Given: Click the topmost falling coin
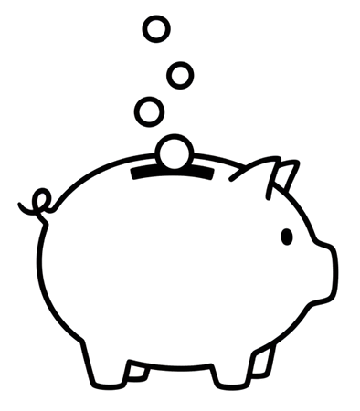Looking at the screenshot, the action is pyautogui.click(x=156, y=29).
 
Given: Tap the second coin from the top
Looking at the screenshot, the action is pyautogui.click(x=180, y=71).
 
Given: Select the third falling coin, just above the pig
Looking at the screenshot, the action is pyautogui.click(x=148, y=111).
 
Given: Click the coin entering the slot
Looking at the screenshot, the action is pyautogui.click(x=175, y=151).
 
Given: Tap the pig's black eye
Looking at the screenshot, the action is pyautogui.click(x=286, y=237).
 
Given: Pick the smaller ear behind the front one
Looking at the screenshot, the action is pyautogui.click(x=287, y=174).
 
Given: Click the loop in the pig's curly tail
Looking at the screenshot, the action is pyautogui.click(x=39, y=198).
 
